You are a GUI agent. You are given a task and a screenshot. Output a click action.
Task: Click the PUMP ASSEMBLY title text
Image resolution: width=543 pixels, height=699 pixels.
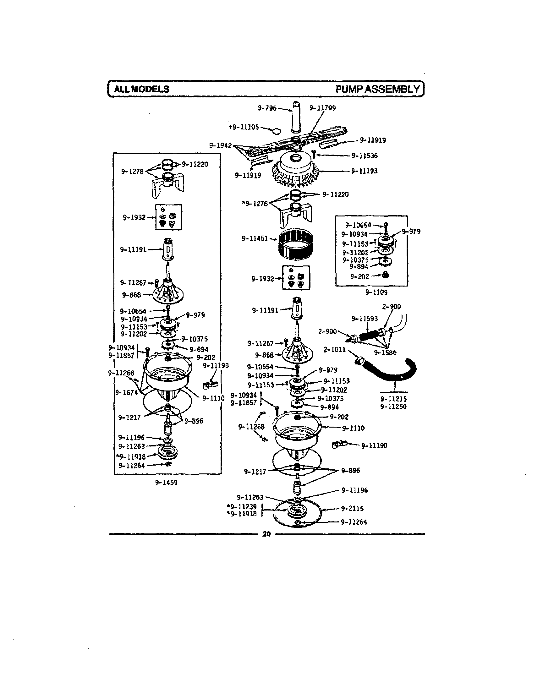click(377, 89)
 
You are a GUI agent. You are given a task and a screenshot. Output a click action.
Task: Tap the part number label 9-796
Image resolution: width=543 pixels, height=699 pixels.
click(267, 108)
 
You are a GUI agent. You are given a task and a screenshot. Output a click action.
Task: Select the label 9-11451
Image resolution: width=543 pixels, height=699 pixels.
click(255, 238)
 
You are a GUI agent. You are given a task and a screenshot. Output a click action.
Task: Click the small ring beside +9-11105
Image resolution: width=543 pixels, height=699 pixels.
click(276, 131)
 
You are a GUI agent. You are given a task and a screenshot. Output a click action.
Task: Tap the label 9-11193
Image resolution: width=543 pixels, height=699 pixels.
click(364, 171)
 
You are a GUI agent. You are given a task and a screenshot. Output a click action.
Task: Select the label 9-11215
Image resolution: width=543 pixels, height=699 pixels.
click(393, 399)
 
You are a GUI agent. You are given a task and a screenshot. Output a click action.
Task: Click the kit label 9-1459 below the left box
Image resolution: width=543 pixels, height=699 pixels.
click(166, 483)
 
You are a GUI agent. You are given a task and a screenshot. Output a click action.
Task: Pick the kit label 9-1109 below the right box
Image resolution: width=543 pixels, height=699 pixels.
click(376, 292)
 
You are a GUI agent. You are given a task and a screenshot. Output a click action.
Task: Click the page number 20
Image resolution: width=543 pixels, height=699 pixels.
click(267, 534)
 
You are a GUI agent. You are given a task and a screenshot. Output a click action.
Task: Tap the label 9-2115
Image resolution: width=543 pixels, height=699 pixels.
click(352, 509)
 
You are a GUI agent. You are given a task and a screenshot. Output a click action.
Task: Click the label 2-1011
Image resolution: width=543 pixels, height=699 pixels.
click(335, 349)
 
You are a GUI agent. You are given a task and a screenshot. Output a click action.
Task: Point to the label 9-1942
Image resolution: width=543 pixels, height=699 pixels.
click(220, 146)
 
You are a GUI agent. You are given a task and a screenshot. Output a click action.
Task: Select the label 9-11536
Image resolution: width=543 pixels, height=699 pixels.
click(365, 156)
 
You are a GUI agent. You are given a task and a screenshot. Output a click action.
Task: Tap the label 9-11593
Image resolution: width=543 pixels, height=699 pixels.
click(365, 319)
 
